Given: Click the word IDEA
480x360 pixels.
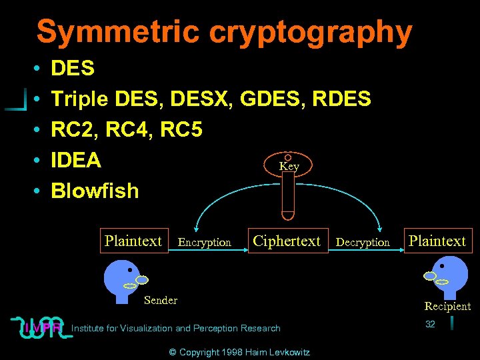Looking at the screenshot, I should [x=76, y=161].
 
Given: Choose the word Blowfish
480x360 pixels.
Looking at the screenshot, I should [x=95, y=191].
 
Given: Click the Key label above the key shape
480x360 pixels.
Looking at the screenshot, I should [x=289, y=167].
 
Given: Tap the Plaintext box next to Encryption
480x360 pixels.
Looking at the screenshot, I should [x=133, y=241].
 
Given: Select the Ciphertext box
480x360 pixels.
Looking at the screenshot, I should [x=287, y=241].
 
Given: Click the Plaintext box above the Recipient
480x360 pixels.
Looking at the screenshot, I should [x=437, y=241].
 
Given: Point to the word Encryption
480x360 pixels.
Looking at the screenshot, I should [x=205, y=243].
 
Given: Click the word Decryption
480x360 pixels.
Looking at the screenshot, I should [x=363, y=243].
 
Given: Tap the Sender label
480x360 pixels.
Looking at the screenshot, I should [x=161, y=301].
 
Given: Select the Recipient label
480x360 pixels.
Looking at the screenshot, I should [x=447, y=307].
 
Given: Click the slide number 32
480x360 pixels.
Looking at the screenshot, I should [x=430, y=324].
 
